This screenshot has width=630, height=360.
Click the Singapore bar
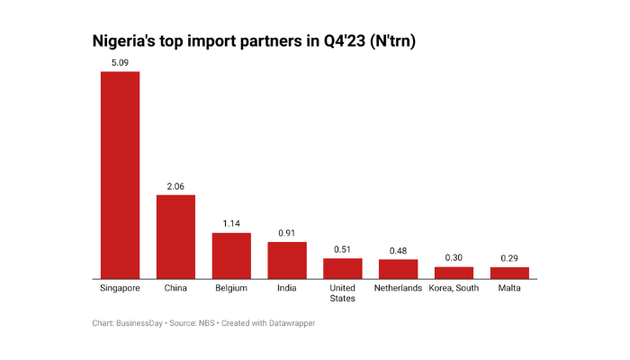pos(120,175)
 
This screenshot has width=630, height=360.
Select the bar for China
pos(175,236)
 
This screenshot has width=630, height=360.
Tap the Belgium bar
pos(231,255)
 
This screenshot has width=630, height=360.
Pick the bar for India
pos(287,259)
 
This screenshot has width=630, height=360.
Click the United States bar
pos(343,267)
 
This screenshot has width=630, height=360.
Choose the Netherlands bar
pos(398,268)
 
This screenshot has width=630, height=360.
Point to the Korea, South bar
pos(454,272)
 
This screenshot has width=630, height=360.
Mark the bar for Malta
pos(509,272)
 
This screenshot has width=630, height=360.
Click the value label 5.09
pos(120,63)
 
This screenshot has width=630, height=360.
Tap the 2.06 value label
pos(175,186)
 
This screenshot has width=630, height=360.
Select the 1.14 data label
pos(231,224)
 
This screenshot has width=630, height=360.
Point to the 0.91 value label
pos(287,233)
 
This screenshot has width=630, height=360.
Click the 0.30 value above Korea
pos(454,257)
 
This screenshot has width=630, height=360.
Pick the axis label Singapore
pos(120,288)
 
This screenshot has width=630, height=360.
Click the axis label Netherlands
pos(398,288)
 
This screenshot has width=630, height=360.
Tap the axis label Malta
pos(509,288)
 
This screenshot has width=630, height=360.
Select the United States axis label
pos(343,293)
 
